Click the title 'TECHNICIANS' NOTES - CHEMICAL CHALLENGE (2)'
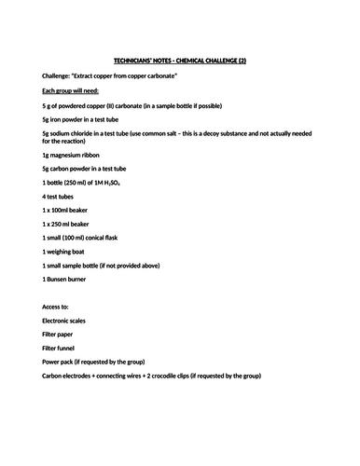tap(180, 60)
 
